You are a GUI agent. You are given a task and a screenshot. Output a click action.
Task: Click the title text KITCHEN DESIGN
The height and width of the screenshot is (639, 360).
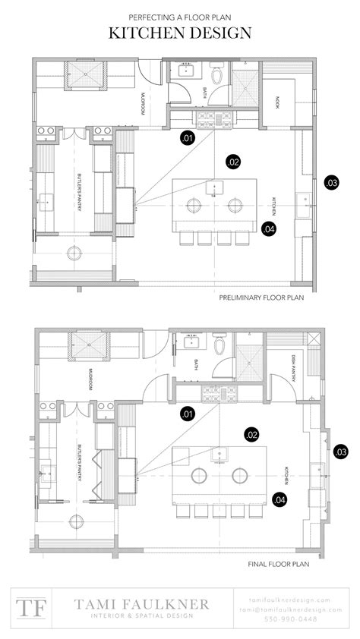coord(180,33)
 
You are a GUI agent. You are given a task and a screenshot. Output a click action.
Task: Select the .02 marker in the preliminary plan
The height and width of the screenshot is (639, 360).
coord(233,161)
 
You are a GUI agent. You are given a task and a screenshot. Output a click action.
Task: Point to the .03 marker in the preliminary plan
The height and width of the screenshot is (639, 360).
coord(331,183)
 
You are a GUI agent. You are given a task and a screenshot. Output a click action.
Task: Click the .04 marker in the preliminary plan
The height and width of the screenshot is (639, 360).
coord(267,228)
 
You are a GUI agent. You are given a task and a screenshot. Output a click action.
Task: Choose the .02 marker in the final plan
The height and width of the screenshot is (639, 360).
coord(252,434)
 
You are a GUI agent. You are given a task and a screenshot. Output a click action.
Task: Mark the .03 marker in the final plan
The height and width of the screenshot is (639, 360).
coord(340,452)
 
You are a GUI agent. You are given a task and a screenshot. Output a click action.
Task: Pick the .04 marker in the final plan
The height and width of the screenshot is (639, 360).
coord(279,499)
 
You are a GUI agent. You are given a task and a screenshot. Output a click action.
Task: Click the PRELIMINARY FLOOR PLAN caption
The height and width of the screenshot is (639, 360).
coord(261,298)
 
